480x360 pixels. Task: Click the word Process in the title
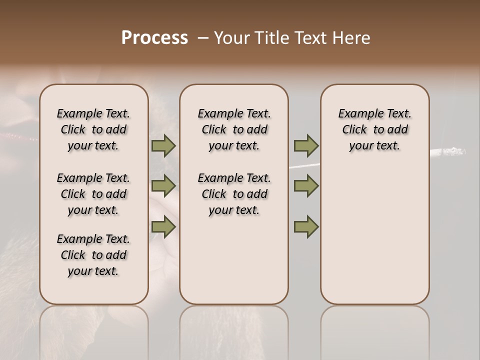154,38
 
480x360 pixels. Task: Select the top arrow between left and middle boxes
163,146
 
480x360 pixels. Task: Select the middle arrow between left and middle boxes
163,186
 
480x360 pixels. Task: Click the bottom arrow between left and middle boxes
163,227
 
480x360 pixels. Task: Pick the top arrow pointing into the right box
306,146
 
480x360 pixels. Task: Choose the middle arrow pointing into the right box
306,186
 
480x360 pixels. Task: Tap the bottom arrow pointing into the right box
306,227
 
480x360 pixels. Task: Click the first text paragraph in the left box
93,129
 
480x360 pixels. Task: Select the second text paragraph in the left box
93,194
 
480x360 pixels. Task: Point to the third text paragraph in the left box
93,255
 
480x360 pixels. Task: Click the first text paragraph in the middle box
234,129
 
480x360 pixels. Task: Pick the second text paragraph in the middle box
234,194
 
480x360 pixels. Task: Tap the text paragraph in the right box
374,129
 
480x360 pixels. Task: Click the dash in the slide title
203,38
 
